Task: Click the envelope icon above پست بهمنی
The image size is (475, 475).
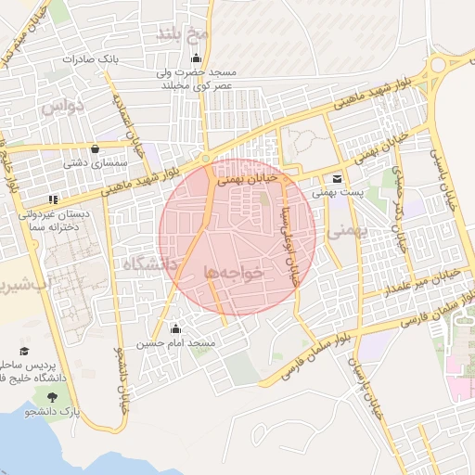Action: coord(336,179)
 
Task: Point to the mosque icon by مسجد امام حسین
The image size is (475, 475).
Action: coord(175,329)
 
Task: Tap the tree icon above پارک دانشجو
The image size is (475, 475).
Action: coord(64,398)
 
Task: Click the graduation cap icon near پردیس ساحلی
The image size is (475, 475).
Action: coord(23,352)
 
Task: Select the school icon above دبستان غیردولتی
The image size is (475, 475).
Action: coord(54,199)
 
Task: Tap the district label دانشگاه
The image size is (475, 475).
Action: coord(151,266)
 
